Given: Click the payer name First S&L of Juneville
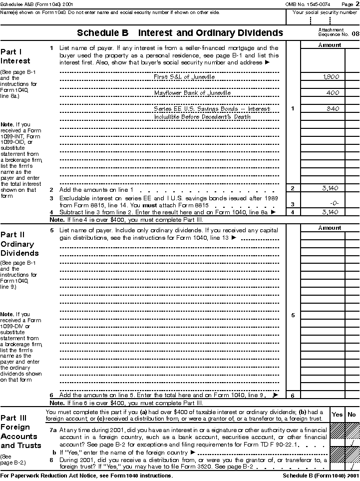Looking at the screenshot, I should pyautogui.click(x=184, y=77).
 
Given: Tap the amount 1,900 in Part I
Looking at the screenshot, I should pyautogui.click(x=331, y=77).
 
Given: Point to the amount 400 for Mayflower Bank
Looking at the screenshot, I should pyautogui.click(x=333, y=93).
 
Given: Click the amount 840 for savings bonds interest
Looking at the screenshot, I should pyautogui.click(x=333, y=108).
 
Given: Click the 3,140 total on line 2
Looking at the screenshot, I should pyautogui.click(x=331, y=188).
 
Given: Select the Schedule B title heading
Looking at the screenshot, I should pyautogui.click(x=180, y=33).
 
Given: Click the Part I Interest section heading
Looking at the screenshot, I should pyautogui.click(x=15, y=56).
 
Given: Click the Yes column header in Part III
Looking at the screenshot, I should pyautogui.click(x=338, y=415).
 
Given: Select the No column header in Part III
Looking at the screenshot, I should pyautogui.click(x=352, y=415).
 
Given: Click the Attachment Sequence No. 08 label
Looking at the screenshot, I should pyautogui.click(x=338, y=32).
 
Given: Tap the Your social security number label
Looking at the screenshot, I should pyautogui.click(x=323, y=12).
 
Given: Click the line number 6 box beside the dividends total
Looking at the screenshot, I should pyautogui.click(x=293, y=396).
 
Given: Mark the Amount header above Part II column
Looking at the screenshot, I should pyautogui.click(x=330, y=228).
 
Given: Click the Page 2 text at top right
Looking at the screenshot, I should pyautogui.click(x=350, y=4).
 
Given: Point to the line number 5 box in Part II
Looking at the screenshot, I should pyautogui.click(x=293, y=315).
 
